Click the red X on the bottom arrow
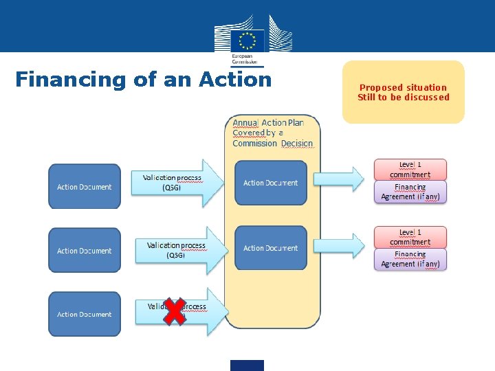175,311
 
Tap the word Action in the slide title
235,80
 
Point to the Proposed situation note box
404,92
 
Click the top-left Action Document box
84,187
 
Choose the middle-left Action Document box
84,251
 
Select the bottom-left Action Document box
84,314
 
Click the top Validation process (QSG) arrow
177,183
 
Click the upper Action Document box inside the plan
271,183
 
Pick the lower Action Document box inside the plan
271,248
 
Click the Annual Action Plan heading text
272,133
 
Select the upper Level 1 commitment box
410,170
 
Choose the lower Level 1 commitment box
410,237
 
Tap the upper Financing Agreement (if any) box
410,192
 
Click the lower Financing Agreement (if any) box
410,259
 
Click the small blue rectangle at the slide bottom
247,365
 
